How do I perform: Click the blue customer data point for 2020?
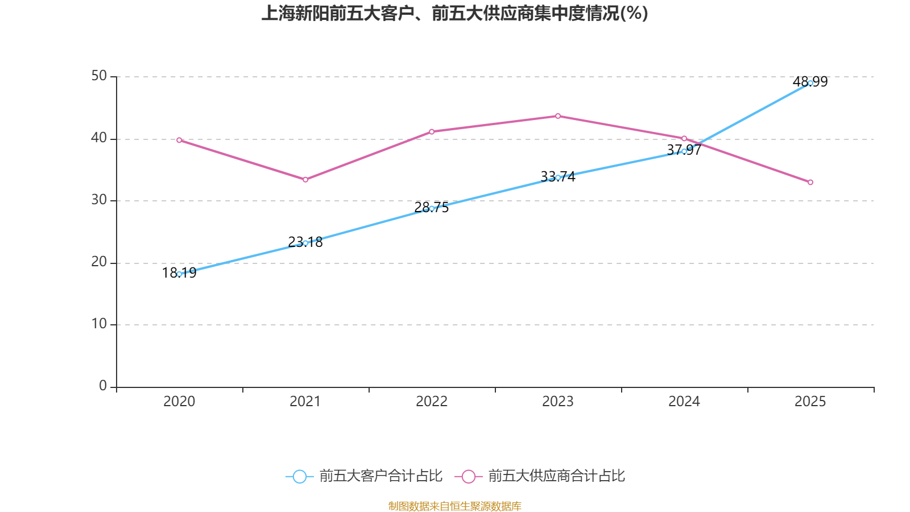(x=179, y=274)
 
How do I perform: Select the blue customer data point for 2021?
(x=305, y=243)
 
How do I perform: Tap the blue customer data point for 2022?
(x=432, y=208)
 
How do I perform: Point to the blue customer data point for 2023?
(x=558, y=177)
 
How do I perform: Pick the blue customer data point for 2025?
(x=810, y=83)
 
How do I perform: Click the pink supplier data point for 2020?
(x=179, y=140)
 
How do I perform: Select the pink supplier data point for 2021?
(x=305, y=180)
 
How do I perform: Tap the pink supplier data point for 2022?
(x=432, y=131)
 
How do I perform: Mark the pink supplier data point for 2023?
(x=558, y=116)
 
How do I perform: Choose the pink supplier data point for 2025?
(x=810, y=182)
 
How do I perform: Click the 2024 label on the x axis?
(x=684, y=402)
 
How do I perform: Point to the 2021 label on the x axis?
(x=305, y=402)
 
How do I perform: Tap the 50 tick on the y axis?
(x=99, y=76)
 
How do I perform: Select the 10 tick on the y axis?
(x=99, y=324)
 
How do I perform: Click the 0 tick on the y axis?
(x=103, y=386)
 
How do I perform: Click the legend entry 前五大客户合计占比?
(x=364, y=476)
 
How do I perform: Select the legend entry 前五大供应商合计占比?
(x=540, y=476)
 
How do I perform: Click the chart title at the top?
(x=454, y=13)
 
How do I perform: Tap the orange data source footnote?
(x=454, y=506)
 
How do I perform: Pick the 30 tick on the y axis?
(x=99, y=200)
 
